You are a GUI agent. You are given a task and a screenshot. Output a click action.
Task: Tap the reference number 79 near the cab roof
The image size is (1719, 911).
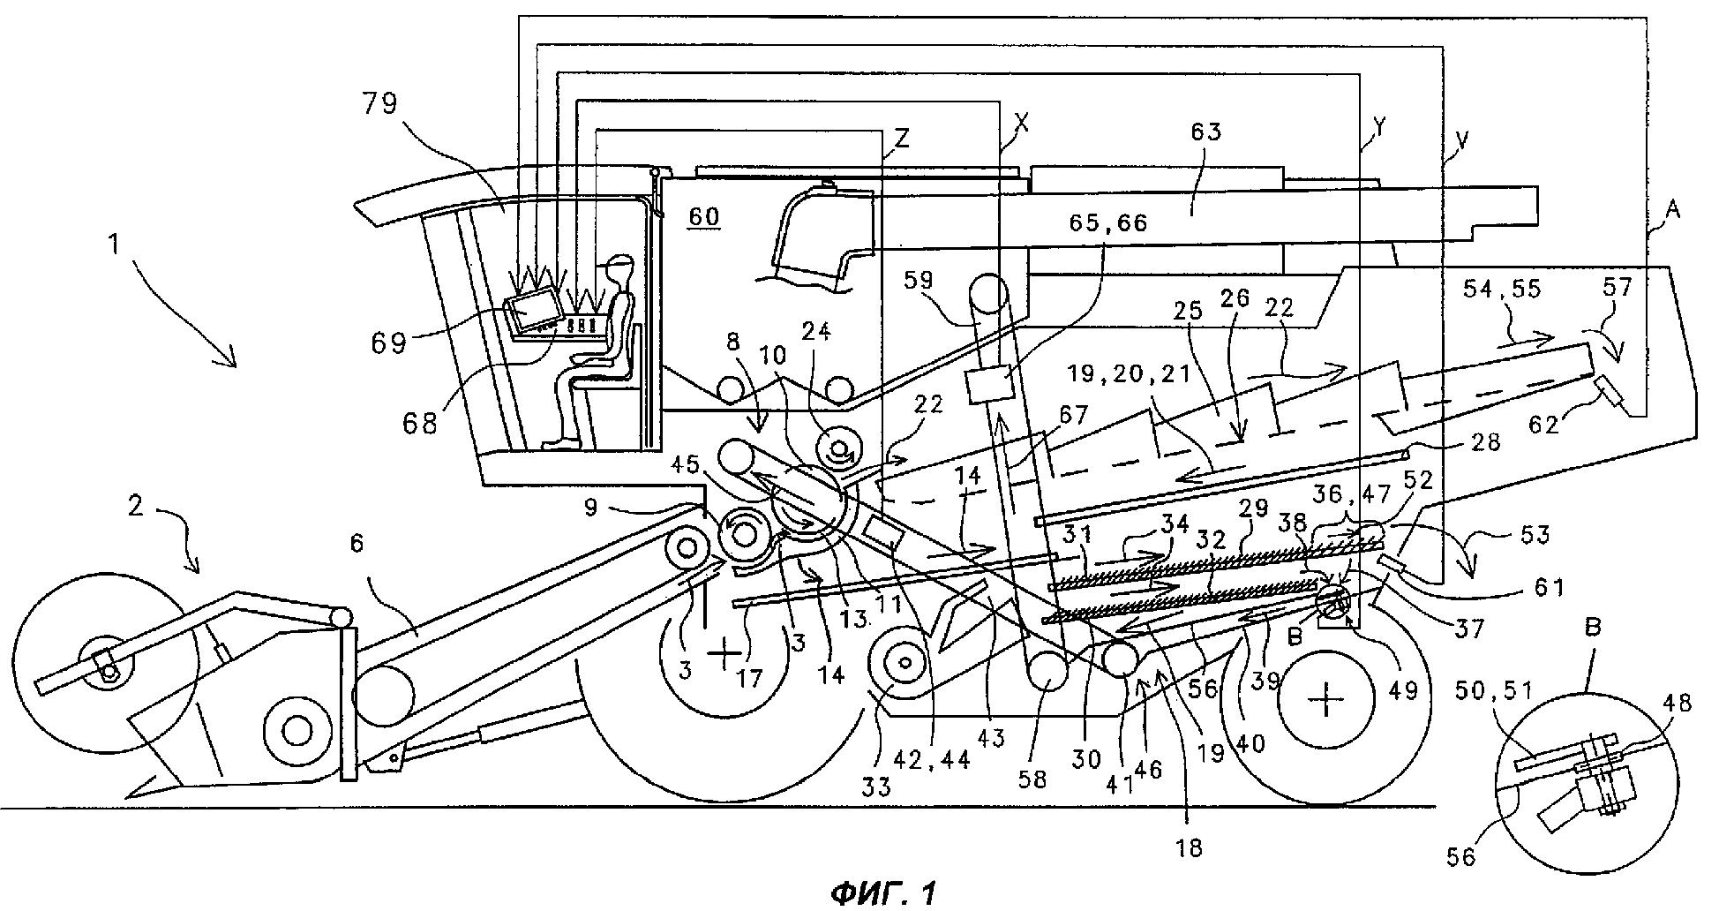click(379, 104)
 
